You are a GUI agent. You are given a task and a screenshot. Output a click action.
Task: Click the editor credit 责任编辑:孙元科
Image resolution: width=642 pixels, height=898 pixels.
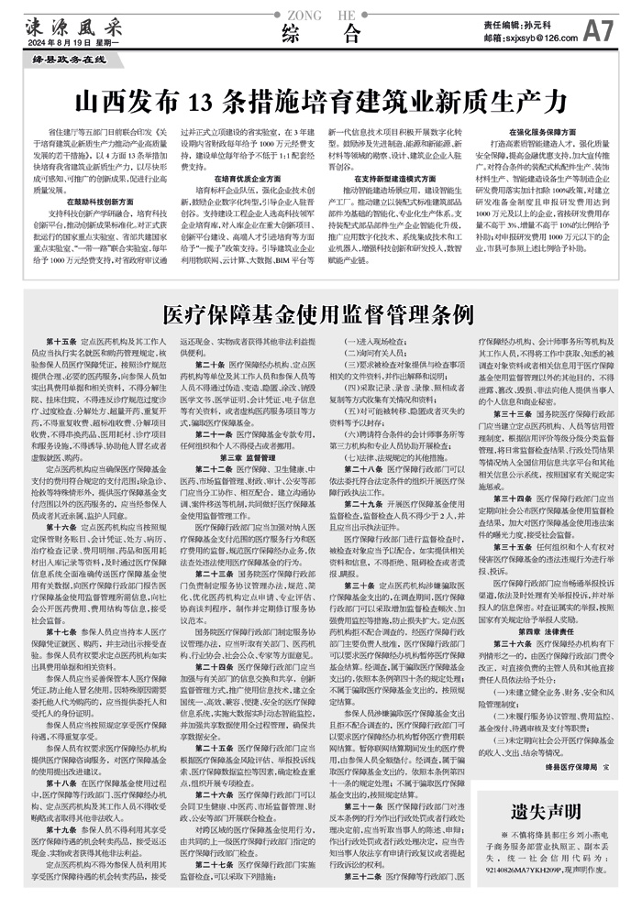click(x=527, y=25)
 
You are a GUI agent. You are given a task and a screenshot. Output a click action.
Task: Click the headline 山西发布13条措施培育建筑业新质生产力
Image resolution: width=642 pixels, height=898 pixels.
click(x=320, y=98)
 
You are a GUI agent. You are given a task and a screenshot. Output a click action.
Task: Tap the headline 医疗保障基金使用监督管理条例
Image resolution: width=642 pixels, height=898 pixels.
click(x=321, y=317)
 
